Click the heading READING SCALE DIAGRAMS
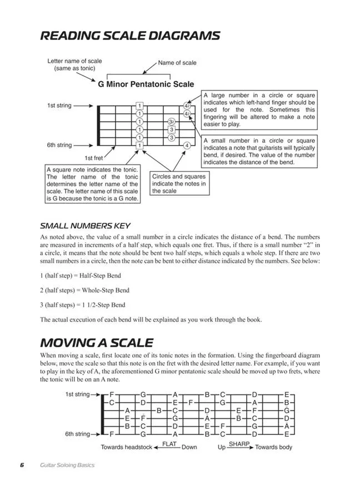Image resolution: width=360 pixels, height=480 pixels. click(130, 36)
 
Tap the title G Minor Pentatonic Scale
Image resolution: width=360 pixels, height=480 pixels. click(146, 84)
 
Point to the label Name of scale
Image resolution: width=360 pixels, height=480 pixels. click(177, 63)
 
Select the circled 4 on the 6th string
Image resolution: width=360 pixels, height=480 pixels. click(187, 146)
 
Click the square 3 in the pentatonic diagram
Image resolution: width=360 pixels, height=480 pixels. click(172, 129)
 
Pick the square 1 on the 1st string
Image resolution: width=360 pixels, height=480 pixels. click(139, 106)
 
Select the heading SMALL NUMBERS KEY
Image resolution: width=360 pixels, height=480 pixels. click(85, 226)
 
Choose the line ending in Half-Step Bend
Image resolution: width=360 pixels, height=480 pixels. click(81, 276)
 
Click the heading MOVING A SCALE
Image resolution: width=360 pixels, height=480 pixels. click(97, 342)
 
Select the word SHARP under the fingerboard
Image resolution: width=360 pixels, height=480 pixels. click(239, 444)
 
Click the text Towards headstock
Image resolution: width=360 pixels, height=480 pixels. click(127, 447)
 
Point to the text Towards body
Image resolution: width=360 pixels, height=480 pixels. click(273, 447)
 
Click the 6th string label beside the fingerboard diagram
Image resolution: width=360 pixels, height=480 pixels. click(77, 434)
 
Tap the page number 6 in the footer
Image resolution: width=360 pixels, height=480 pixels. click(22, 465)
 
